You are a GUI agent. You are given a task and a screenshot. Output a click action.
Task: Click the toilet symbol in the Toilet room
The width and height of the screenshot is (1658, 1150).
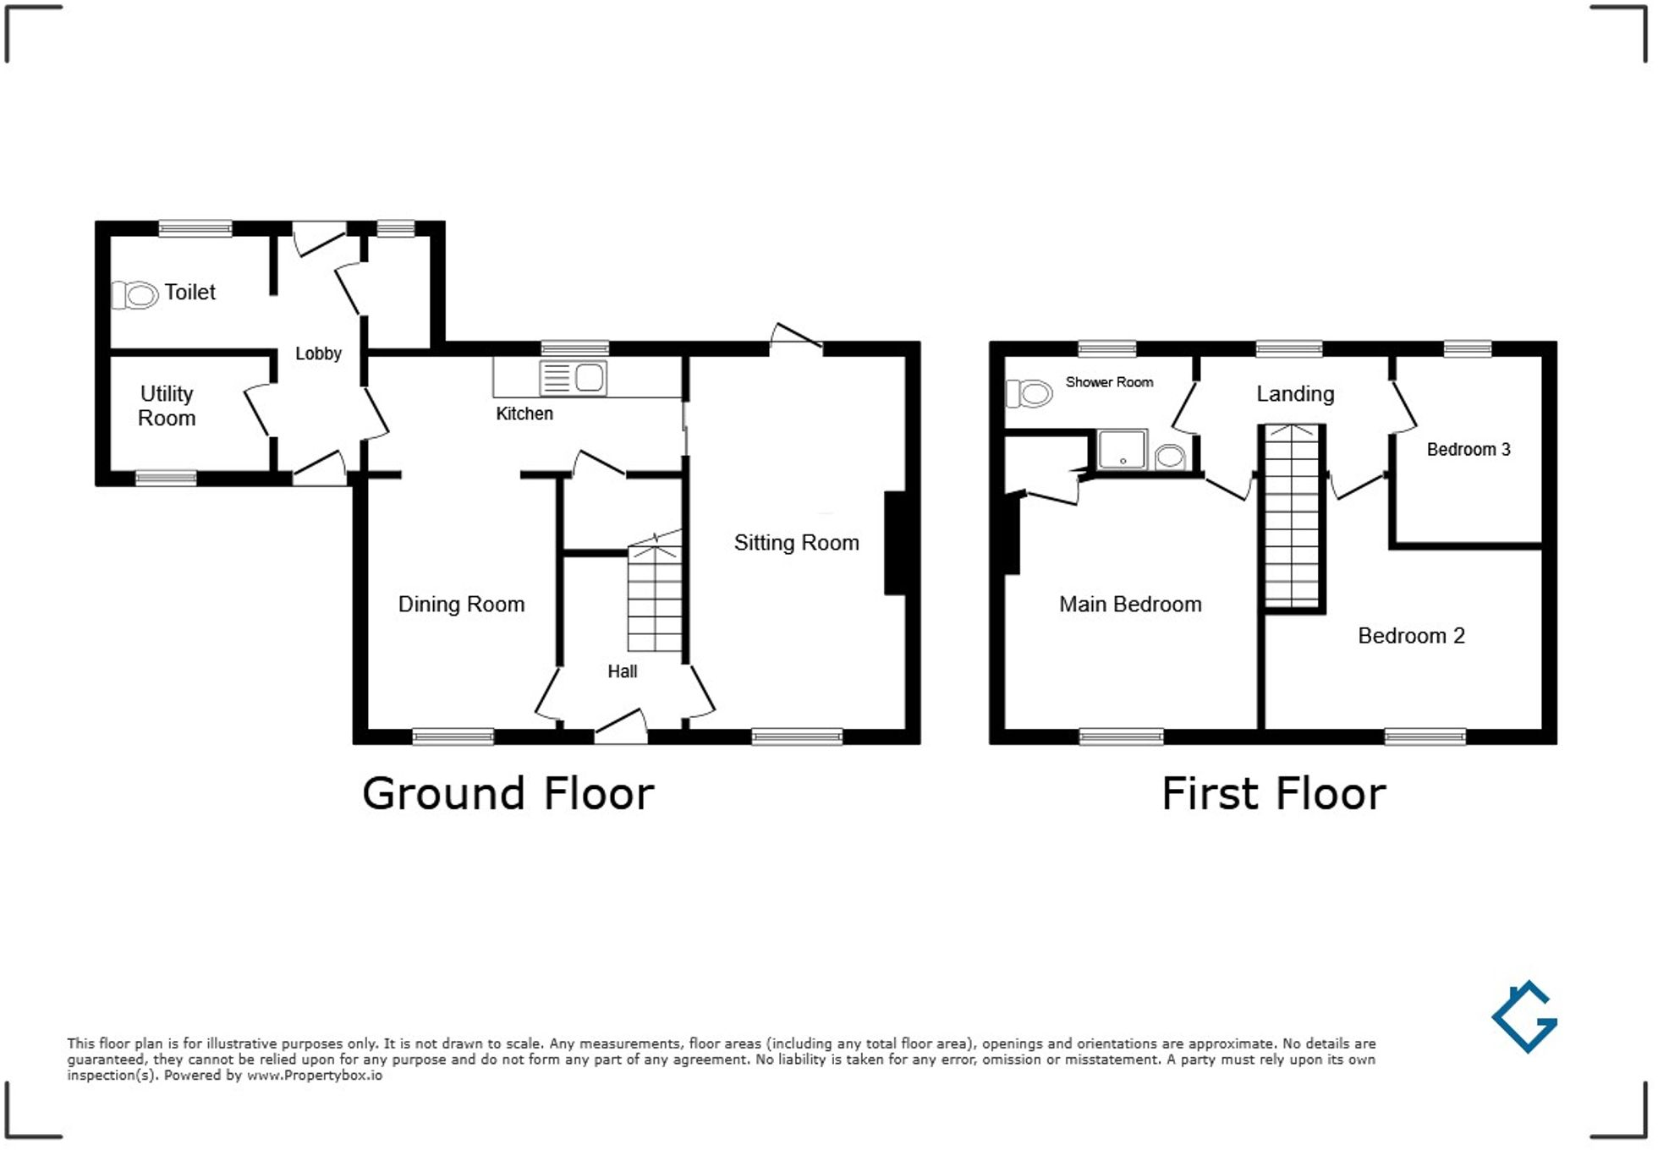136,295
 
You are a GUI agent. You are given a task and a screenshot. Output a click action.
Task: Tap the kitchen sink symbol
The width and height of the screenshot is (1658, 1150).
573,378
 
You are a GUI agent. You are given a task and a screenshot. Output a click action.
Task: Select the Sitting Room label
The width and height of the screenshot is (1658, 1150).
796,543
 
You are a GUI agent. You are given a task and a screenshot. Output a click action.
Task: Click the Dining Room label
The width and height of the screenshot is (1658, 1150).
461,605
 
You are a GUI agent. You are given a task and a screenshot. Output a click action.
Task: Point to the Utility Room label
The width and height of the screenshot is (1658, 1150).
167,406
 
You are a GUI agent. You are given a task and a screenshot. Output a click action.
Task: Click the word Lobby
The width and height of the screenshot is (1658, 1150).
318,353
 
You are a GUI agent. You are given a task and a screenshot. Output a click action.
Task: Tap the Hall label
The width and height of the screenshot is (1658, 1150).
622,671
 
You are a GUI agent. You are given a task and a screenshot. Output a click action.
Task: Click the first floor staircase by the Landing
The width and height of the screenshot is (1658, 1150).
1292,516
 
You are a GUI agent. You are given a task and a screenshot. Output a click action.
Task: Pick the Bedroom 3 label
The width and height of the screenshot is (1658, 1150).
1468,450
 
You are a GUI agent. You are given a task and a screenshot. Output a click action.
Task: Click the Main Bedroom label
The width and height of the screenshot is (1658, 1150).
1130,605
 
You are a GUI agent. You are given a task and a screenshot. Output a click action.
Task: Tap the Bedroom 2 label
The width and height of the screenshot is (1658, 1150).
1411,636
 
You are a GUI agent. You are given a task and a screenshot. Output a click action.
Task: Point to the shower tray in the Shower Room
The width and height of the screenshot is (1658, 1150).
1123,449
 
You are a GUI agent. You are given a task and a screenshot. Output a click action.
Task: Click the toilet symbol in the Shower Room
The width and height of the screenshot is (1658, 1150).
1029,393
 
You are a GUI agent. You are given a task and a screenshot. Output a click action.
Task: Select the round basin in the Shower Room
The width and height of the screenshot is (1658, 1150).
1169,457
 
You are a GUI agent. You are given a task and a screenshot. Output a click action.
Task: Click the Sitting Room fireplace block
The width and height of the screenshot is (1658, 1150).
896,543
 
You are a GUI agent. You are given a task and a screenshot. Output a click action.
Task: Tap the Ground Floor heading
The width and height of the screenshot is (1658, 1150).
508,794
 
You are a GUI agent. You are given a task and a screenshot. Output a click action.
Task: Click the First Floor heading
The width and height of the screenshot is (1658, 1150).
1273,794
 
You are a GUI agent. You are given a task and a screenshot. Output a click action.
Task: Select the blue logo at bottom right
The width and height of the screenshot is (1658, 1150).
1524,1016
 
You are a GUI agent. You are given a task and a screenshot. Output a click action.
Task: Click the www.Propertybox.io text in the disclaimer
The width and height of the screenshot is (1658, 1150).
314,1076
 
